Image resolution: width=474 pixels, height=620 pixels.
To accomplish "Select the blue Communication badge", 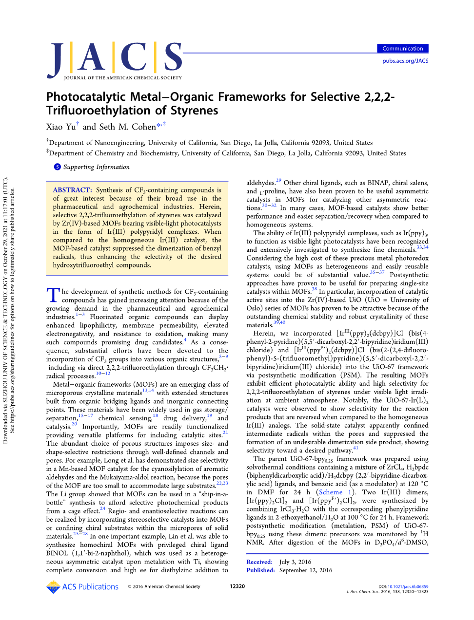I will pyautogui.click(x=402, y=49).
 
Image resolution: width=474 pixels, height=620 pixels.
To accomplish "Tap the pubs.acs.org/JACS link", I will pyautogui.click(x=405, y=61).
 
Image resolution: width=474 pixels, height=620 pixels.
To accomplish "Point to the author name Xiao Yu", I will pyautogui.click(x=61, y=127).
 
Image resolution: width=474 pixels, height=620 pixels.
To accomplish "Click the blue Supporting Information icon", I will pyautogui.click(x=58, y=167).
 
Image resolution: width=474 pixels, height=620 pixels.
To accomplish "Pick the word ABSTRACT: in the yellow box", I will pyautogui.click(x=72, y=190).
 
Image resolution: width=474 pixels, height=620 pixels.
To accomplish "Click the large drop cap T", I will pyautogui.click(x=53, y=295).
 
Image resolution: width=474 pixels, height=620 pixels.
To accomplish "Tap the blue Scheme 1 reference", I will pyautogui.click(x=335, y=492).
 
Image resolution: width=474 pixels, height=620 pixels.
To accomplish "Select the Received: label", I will pyautogui.click(x=259, y=562).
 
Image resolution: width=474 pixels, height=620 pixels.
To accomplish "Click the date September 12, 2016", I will pyautogui.click(x=306, y=570).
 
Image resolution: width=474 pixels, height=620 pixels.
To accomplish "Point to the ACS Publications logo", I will pyautogui.click(x=82, y=587).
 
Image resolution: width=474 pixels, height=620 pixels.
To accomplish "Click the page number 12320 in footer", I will pyautogui.click(x=237, y=586).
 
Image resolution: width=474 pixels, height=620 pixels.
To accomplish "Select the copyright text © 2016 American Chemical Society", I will pyautogui.click(x=164, y=586).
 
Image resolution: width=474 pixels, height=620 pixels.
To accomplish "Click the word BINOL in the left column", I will pyautogui.click(x=57, y=553).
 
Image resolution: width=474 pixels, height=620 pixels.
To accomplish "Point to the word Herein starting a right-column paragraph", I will pyautogui.click(x=264, y=334).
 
